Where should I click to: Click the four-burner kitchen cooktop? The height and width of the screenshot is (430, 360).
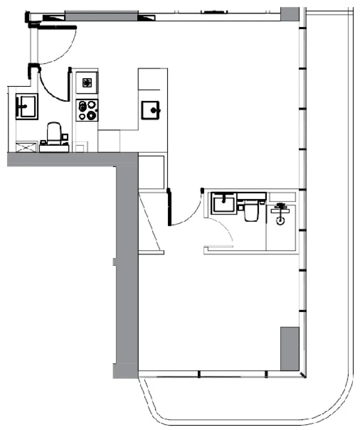(87, 110)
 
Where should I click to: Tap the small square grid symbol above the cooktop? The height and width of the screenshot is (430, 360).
(87, 82)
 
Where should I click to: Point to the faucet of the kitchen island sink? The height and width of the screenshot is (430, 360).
(158, 110)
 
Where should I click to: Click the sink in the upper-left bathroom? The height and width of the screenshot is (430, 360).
(27, 106)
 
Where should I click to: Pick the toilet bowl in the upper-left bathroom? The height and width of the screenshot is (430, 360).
(54, 133)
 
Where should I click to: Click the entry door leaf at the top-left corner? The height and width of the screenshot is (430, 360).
(53, 26)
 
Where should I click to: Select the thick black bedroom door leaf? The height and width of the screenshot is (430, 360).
(169, 207)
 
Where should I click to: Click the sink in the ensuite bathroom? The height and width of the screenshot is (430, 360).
(224, 203)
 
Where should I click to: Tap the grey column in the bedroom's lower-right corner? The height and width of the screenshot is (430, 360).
(290, 349)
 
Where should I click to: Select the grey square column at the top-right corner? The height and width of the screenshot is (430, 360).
(290, 14)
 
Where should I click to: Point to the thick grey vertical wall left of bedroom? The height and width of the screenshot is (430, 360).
(126, 270)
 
